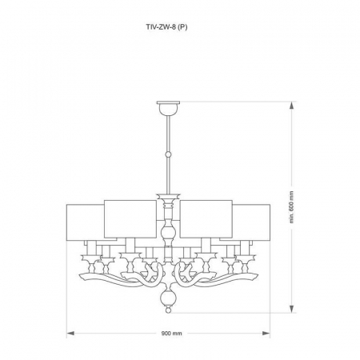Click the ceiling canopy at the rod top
coord(168,103)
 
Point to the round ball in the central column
coord(168,234)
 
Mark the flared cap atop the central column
coord(168,196)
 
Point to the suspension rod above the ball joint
coord(168,132)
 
